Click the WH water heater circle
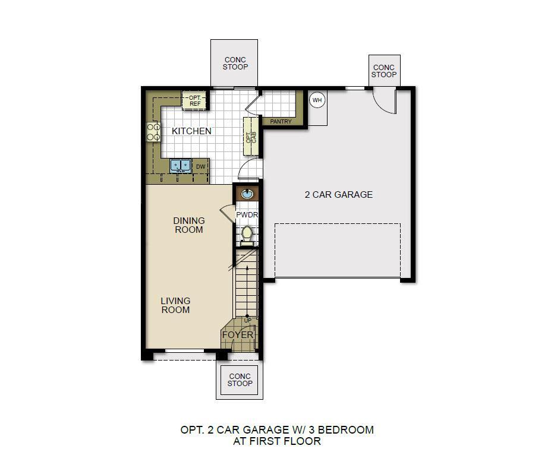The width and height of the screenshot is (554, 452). coord(317,100)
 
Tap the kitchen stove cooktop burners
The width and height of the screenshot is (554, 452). coord(153,132)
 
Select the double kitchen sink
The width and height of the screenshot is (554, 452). coord(181,165)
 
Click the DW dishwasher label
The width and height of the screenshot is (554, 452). coord(201,167)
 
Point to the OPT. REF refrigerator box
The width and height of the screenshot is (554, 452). coord(195,101)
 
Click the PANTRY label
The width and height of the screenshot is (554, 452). coord(281,122)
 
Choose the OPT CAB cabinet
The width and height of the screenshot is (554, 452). coord(251,135)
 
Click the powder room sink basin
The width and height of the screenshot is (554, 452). coord(246,194)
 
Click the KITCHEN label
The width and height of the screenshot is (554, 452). coord(191,131)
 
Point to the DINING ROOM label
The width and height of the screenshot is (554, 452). coord(189,225)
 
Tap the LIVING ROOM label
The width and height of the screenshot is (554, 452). coord(175,305)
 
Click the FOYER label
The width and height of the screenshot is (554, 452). coord(238,335)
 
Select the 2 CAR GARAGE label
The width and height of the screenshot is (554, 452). coord(339,194)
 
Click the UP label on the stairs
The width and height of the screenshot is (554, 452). coord(248,321)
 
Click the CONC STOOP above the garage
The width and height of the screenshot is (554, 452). coord(384,71)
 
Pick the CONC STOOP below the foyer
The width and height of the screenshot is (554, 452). coord(240,380)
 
